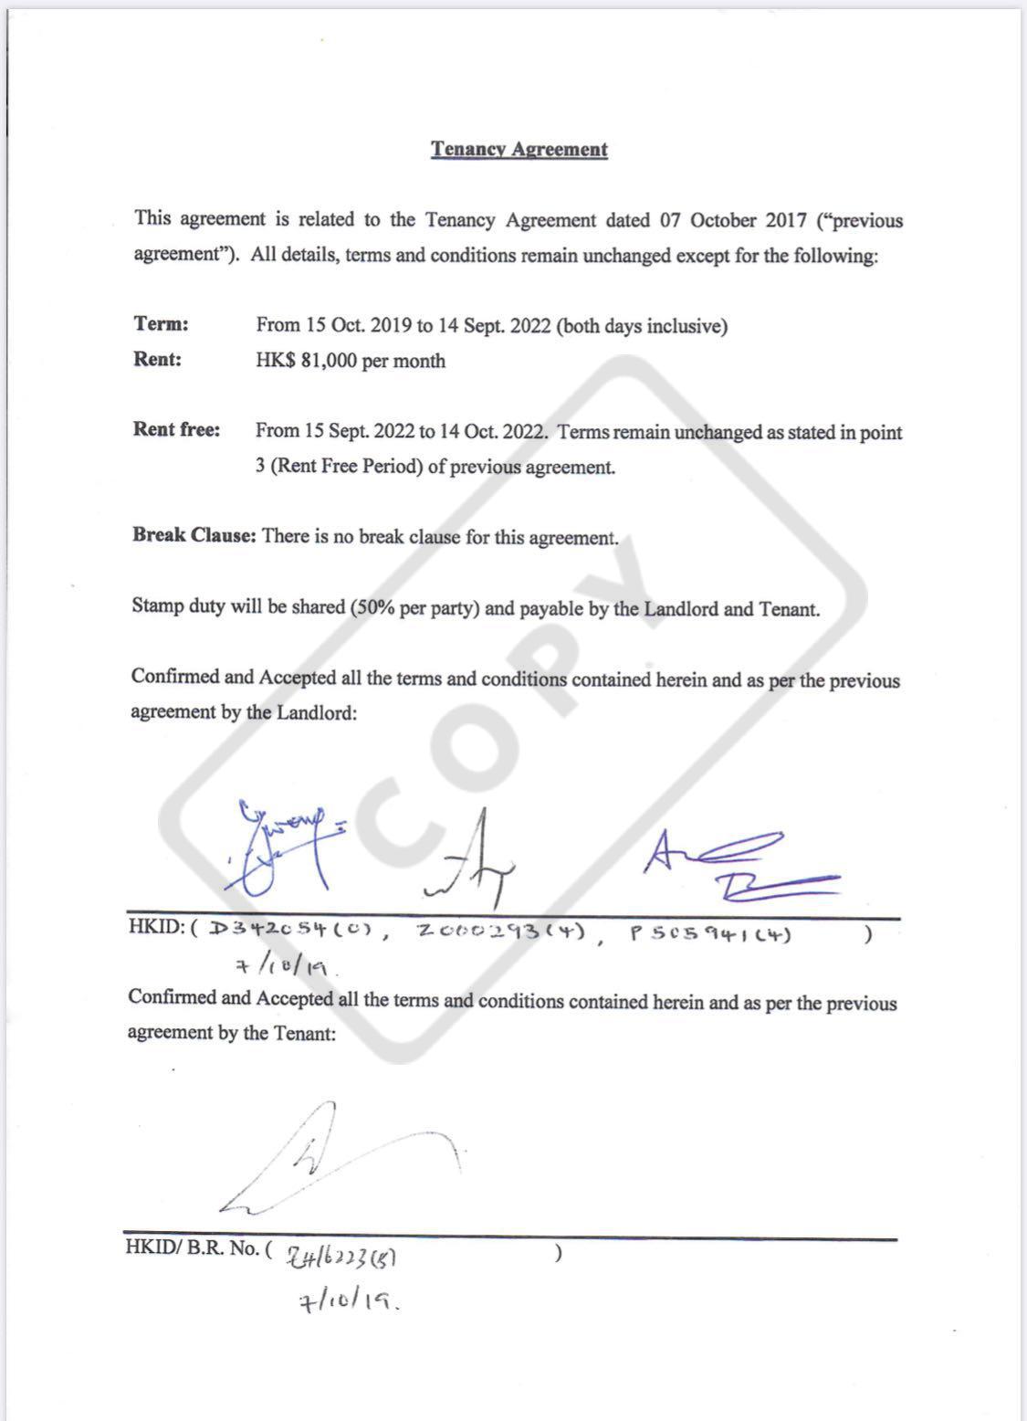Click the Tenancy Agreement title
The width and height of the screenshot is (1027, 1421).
(x=519, y=150)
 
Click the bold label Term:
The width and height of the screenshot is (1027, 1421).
(x=161, y=324)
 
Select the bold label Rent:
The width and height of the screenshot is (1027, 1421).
(x=157, y=359)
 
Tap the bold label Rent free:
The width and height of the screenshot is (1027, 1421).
(x=176, y=430)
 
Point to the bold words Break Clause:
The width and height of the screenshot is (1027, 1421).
(x=194, y=535)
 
